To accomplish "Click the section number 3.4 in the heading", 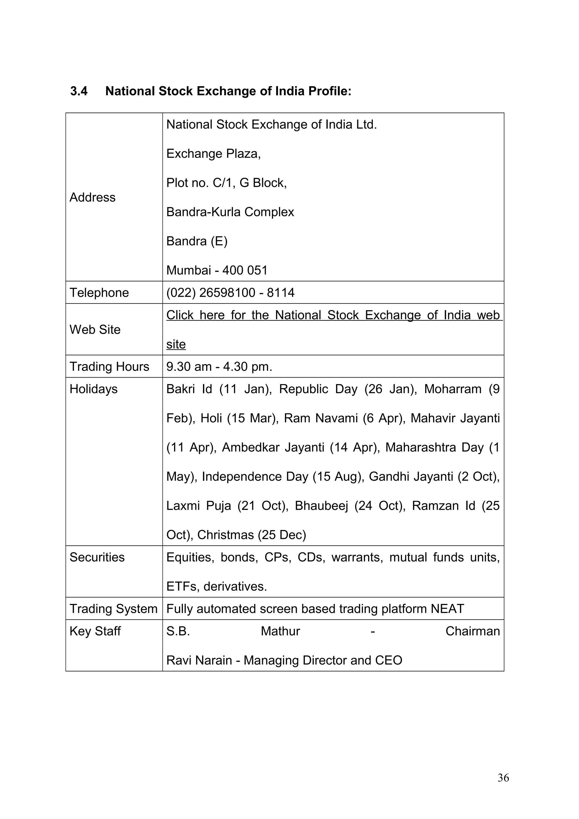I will click(x=79, y=91).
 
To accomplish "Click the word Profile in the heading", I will click(x=329, y=91).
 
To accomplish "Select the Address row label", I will click(x=92, y=197).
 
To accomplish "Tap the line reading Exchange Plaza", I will click(x=213, y=154).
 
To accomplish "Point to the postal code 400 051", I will click(x=245, y=270).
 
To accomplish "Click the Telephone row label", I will click(x=99, y=293).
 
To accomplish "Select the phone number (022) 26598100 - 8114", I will click(x=230, y=293).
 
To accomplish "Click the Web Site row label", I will click(x=95, y=330).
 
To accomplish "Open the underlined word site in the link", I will click(x=176, y=344).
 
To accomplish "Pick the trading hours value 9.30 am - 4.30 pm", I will click(x=219, y=367).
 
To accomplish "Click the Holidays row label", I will click(x=94, y=389).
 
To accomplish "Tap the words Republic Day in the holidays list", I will click(x=318, y=389).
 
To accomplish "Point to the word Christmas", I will click(x=225, y=535).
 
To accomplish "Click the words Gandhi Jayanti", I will click(x=411, y=477).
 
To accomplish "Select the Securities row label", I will click(x=97, y=558).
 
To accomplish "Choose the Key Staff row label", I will click(x=95, y=631).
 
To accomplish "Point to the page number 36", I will click(x=503, y=788).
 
